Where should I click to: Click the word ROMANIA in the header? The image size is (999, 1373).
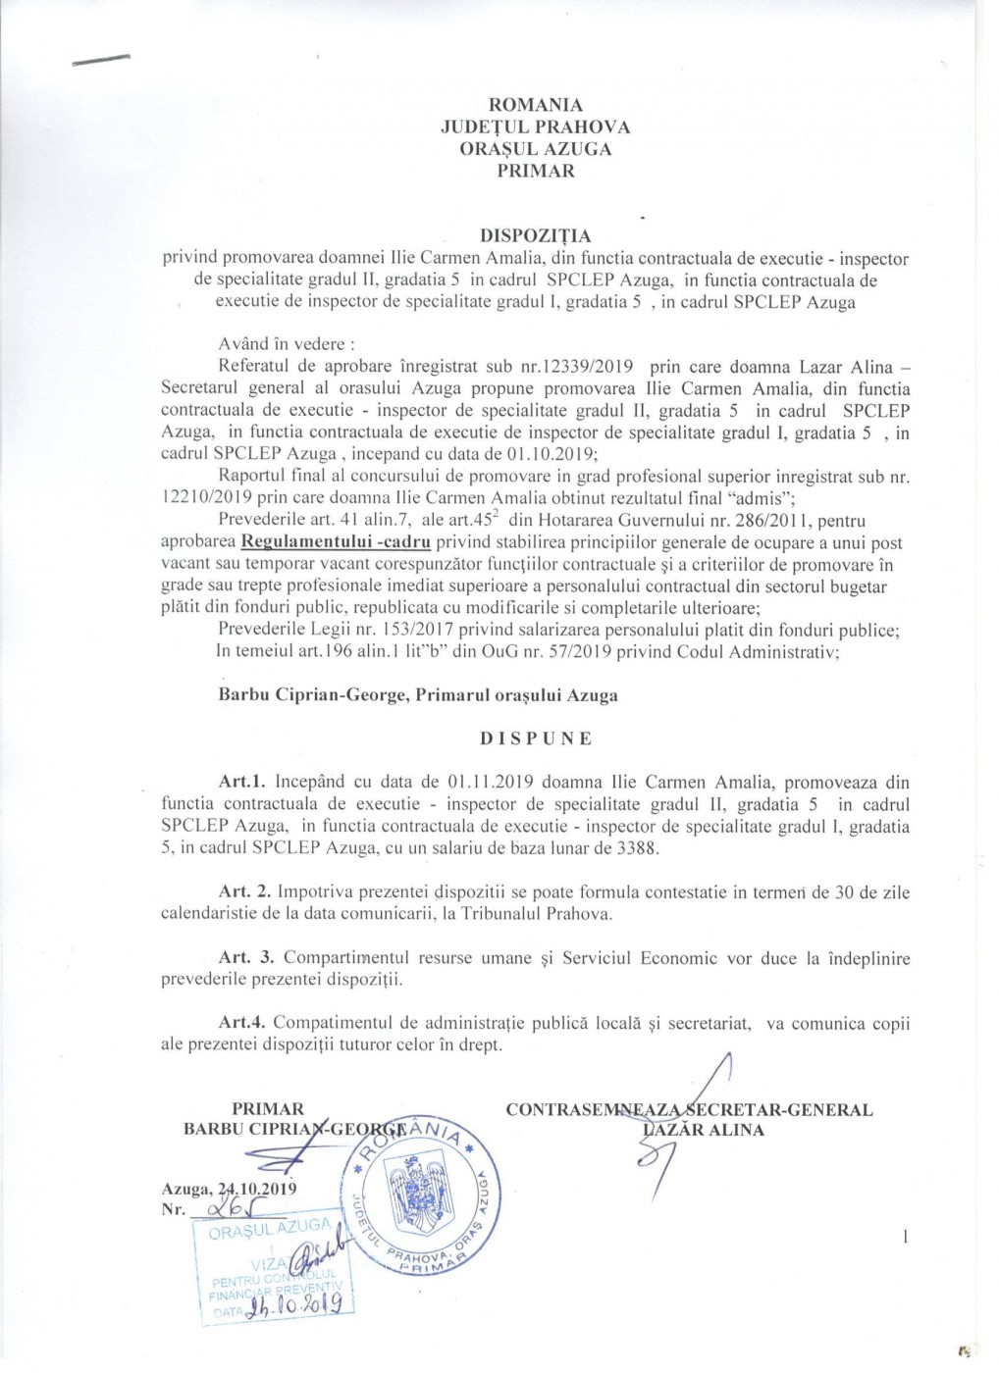coord(535,105)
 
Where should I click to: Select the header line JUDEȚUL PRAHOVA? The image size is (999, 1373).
coord(535,127)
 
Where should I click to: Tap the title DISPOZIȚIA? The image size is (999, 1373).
coord(535,236)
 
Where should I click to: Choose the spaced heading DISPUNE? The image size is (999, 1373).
coord(536,739)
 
